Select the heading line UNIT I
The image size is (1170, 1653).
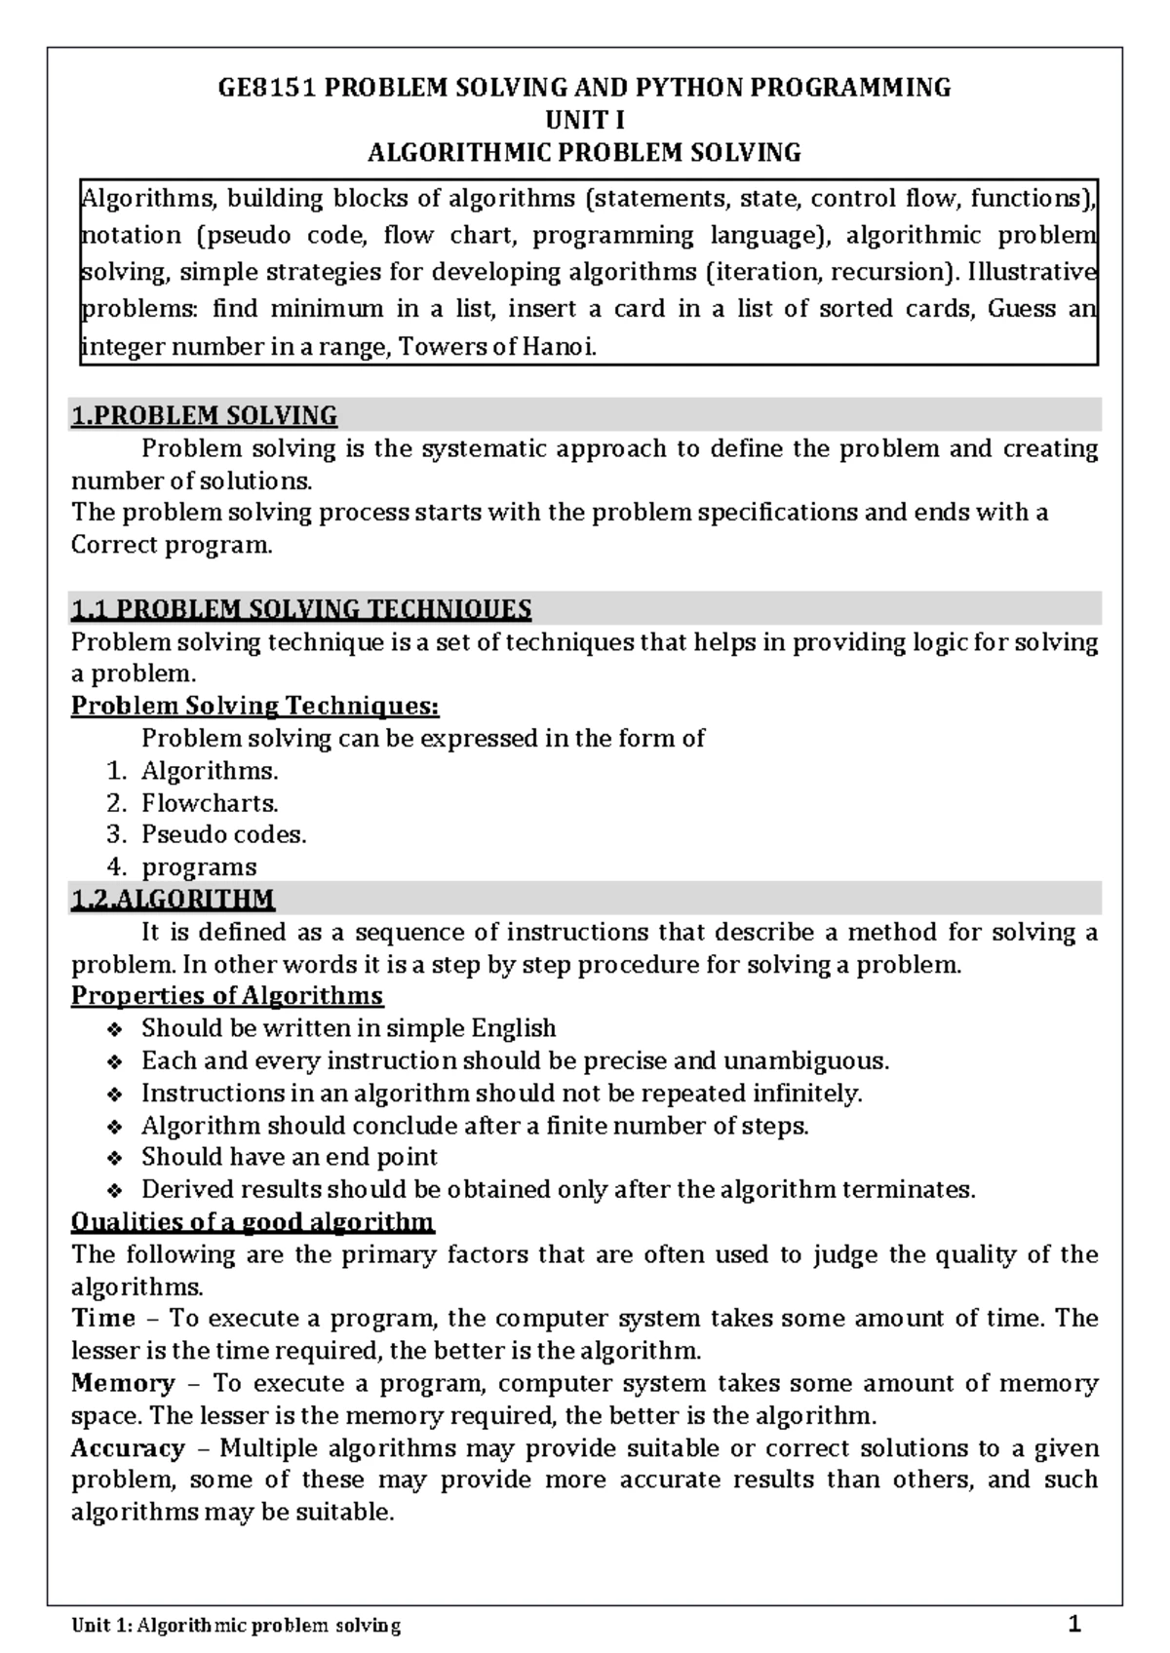pyautogui.click(x=583, y=120)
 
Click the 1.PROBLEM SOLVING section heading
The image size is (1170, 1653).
pyautogui.click(x=204, y=416)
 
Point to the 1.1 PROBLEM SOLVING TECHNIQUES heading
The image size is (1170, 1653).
pyautogui.click(x=301, y=610)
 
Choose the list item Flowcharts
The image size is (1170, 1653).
pyautogui.click(x=210, y=803)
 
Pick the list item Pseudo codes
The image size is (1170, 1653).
pyautogui.click(x=223, y=835)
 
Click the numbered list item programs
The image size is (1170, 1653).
pyautogui.click(x=199, y=867)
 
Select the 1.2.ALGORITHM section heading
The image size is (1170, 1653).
pyautogui.click(x=173, y=899)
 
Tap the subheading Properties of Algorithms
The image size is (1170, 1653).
pyautogui.click(x=227, y=996)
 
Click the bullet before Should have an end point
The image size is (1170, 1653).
pyautogui.click(x=114, y=1158)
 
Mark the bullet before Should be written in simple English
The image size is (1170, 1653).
pyautogui.click(x=114, y=1029)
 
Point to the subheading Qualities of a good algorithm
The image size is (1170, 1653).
pyautogui.click(x=253, y=1222)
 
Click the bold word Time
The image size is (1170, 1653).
pyautogui.click(x=103, y=1319)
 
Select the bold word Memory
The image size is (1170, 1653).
pyautogui.click(x=123, y=1383)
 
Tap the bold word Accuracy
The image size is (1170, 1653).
pyautogui.click(x=128, y=1448)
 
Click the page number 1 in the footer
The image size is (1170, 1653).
pyautogui.click(x=1074, y=1624)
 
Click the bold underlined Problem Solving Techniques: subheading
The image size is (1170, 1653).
pyautogui.click(x=254, y=706)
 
